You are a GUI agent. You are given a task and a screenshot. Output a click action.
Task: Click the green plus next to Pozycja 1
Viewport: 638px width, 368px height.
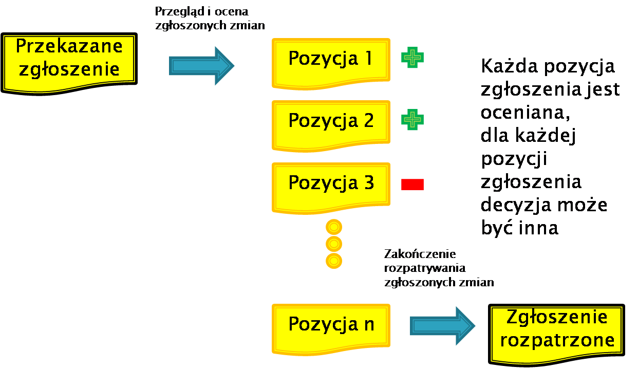click(412, 58)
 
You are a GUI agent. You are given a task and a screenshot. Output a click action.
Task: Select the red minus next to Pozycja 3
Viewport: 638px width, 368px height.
click(412, 184)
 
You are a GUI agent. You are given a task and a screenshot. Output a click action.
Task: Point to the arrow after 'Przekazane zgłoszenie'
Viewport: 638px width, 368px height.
click(201, 66)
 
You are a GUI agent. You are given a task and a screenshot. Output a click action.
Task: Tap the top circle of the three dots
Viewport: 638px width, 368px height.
click(334, 227)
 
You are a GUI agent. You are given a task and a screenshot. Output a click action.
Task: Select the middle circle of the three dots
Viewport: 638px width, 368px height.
click(334, 244)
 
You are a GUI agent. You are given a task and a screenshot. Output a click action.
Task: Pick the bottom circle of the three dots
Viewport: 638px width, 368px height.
click(334, 261)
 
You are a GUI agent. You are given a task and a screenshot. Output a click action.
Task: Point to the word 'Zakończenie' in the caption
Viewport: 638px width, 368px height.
click(420, 254)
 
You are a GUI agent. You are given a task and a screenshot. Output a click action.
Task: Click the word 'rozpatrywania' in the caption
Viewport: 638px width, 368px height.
click(425, 268)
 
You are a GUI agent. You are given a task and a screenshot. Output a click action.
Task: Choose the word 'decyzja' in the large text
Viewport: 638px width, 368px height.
click(516, 205)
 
